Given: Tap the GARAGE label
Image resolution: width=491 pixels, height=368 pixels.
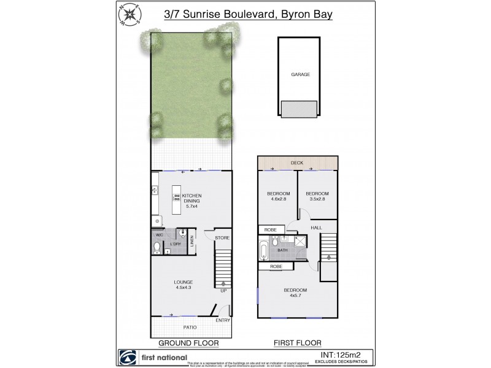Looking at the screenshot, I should pyautogui.click(x=301, y=75).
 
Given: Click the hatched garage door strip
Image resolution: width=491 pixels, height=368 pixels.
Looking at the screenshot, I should pyautogui.click(x=300, y=108).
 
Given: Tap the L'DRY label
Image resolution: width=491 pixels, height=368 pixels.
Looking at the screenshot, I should pyautogui.click(x=176, y=244).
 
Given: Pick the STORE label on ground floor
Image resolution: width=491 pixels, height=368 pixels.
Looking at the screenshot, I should pyautogui.click(x=222, y=237).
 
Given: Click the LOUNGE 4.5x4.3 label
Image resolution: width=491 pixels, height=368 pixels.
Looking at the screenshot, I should pyautogui.click(x=184, y=285).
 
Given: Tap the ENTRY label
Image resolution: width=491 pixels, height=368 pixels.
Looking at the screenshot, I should pyautogui.click(x=222, y=320).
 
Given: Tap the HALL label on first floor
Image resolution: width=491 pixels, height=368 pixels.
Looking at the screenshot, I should pyautogui.click(x=317, y=228).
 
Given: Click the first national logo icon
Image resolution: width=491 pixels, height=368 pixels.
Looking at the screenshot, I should pyautogui.click(x=127, y=357).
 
